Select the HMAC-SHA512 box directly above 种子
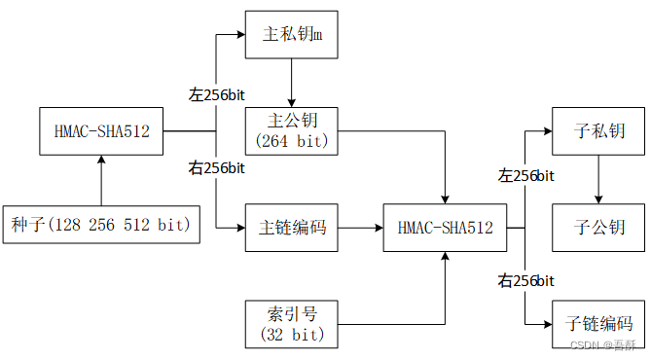(101, 130)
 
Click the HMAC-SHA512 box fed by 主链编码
(445, 229)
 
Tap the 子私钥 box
(597, 130)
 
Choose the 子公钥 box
(597, 229)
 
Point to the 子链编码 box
(597, 324)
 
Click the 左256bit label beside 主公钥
(216, 94)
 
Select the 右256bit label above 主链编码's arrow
(216, 167)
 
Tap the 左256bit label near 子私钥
(525, 175)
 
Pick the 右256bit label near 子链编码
(525, 281)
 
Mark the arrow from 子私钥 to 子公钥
(597, 179)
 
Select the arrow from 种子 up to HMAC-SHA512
(101, 180)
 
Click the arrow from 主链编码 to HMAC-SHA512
(362, 229)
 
